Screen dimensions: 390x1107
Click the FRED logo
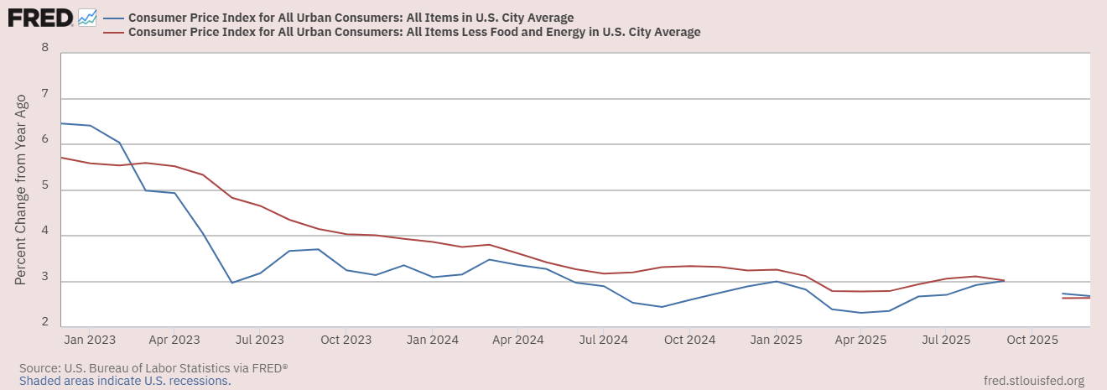[x=40, y=17]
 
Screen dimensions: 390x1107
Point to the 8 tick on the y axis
[x=45, y=48]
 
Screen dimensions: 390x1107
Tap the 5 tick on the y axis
[x=45, y=190]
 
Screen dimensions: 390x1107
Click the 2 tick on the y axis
[x=45, y=323]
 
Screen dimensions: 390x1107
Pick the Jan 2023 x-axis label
[x=90, y=340]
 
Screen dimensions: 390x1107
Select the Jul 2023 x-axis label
[x=259, y=340]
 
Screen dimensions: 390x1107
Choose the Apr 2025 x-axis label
[x=861, y=340]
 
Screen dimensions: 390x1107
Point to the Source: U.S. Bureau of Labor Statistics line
[x=153, y=367]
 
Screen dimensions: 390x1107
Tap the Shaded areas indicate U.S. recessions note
[x=124, y=380]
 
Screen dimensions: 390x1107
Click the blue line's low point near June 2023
[x=232, y=283]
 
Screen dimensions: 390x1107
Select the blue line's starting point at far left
[x=62, y=123]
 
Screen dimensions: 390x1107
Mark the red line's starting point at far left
[x=62, y=158]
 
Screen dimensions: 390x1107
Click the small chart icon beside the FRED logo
[x=87, y=17]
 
